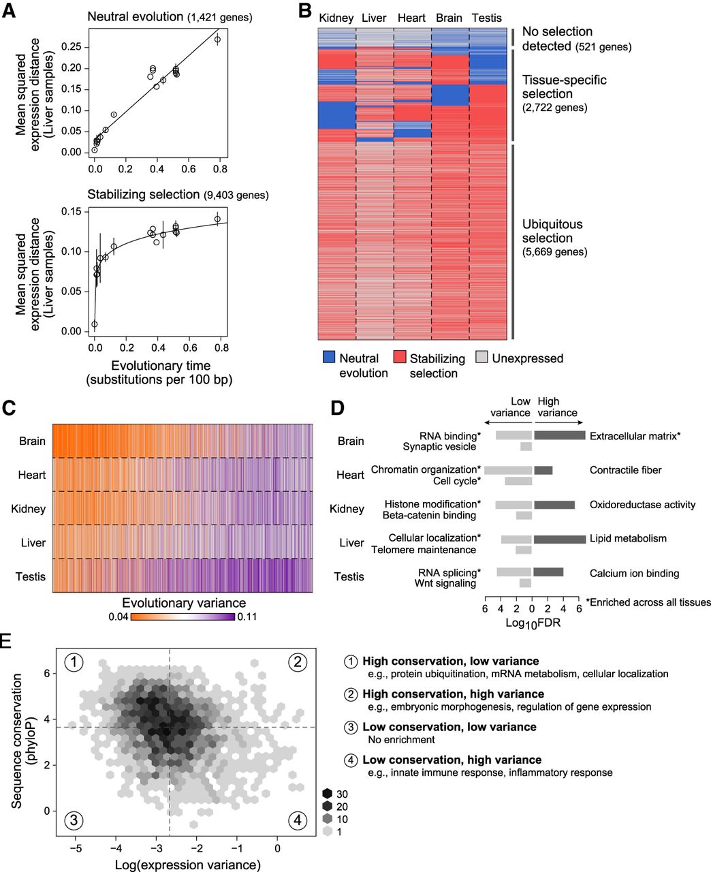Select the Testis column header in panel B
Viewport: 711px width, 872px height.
[488, 18]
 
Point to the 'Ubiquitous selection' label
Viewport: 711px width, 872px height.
[552, 231]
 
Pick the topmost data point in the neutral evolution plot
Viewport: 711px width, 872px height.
[217, 40]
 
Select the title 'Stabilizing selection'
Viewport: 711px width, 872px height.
[144, 196]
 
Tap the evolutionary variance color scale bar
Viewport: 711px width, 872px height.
[183, 617]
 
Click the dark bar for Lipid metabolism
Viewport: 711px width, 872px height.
[559, 539]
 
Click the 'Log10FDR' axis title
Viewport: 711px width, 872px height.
[533, 622]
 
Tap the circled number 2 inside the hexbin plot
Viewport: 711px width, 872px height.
[297, 661]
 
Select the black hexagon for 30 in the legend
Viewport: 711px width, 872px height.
[328, 793]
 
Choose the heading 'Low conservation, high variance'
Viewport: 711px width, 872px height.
[452, 760]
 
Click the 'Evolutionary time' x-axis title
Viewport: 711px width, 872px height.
[160, 367]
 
